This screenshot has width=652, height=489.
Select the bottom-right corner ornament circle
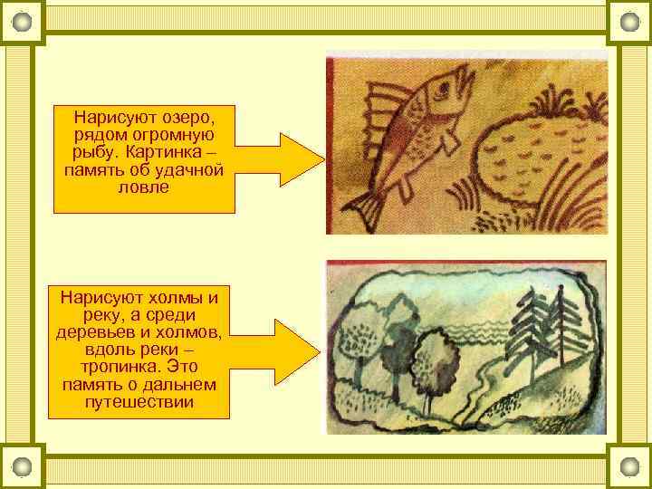pyautogui.click(x=629, y=467)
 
